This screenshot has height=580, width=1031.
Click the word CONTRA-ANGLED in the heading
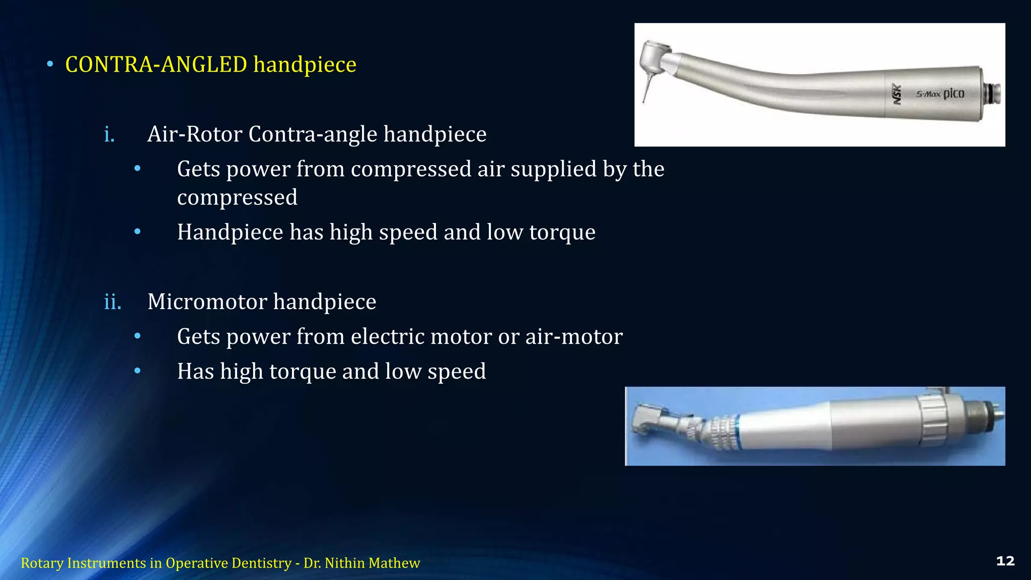156,64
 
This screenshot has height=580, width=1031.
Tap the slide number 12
1005,561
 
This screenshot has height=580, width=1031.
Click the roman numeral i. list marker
109,134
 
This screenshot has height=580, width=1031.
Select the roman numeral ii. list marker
113,302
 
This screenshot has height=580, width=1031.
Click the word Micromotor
207,302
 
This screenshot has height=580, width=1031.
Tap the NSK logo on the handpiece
897,94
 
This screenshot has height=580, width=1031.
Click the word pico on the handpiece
953,94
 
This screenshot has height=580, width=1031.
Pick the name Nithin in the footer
345,563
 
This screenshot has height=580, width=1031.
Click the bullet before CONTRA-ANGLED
50,64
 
